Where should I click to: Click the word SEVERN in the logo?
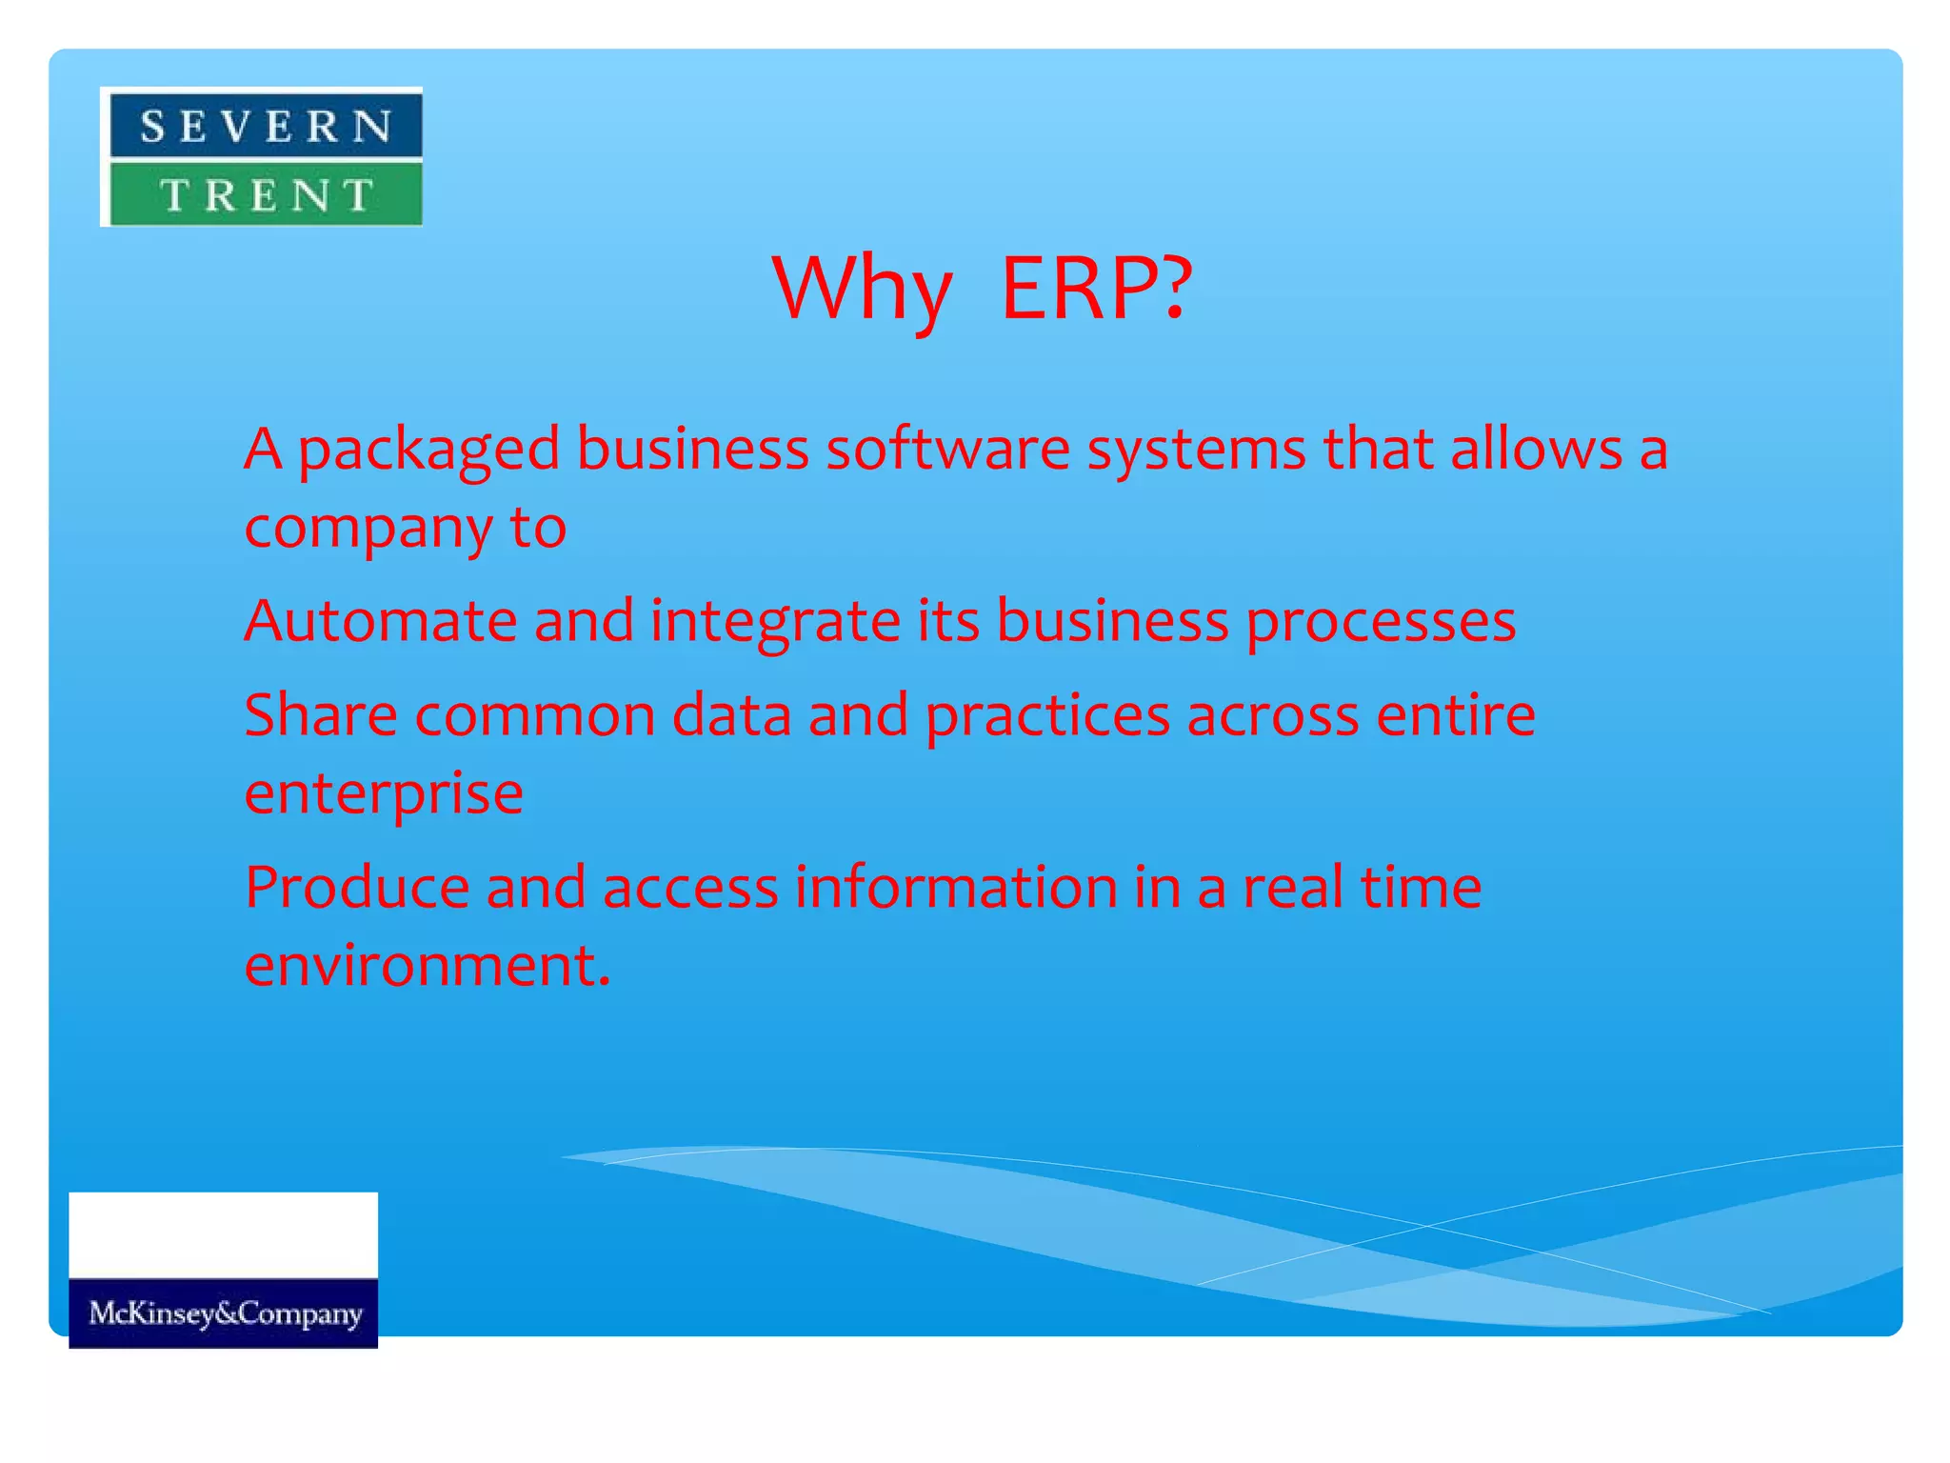point(266,127)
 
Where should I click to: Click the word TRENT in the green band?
point(266,195)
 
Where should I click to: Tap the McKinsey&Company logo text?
point(225,1313)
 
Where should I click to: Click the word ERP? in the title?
point(1096,288)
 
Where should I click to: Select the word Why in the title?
point(862,288)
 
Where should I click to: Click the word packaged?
point(428,451)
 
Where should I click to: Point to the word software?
point(947,449)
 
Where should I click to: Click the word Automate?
point(380,621)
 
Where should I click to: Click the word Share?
point(321,715)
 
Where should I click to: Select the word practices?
point(1047,717)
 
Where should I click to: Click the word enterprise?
point(383,794)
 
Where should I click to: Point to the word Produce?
point(357,888)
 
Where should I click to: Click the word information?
point(956,888)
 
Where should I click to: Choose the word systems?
point(1197,451)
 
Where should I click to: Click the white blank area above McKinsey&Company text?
point(223,1234)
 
